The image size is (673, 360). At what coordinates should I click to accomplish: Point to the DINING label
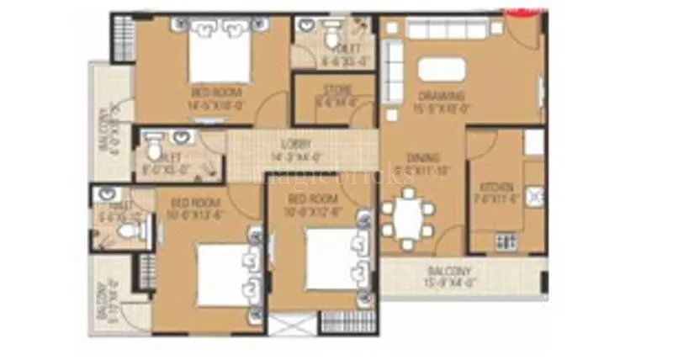click(x=417, y=158)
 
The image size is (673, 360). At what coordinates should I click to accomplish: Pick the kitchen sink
click(x=532, y=198)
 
